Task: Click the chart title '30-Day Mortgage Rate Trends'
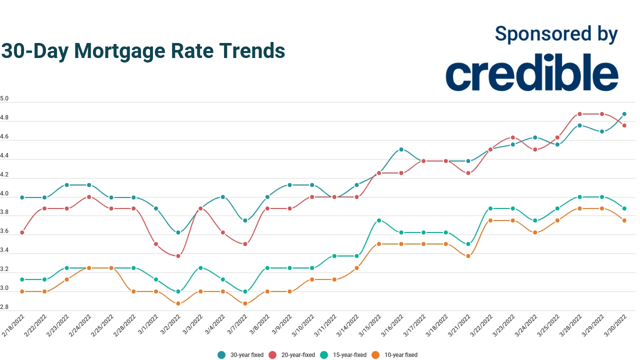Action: [143, 51]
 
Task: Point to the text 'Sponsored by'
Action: [556, 34]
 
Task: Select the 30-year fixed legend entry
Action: [240, 355]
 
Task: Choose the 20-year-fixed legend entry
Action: [292, 355]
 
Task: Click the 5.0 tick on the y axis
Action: [4, 99]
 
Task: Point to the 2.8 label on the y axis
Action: [4, 307]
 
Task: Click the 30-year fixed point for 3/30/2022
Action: [624, 114]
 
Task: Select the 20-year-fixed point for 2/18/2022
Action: [22, 232]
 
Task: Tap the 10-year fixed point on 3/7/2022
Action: [245, 303]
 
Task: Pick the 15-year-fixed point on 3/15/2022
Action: [379, 220]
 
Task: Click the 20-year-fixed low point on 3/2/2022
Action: [178, 256]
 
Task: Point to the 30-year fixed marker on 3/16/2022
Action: [401, 149]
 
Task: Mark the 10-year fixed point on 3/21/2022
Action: [468, 256]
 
